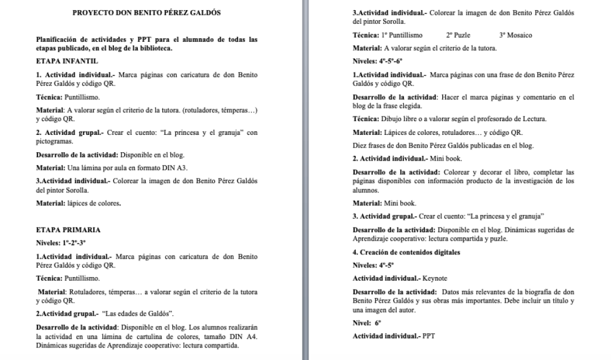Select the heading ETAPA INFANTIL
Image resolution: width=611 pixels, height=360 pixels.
click(67, 61)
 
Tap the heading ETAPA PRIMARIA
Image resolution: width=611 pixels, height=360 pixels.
click(68, 230)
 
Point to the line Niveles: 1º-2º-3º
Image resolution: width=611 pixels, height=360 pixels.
click(61, 243)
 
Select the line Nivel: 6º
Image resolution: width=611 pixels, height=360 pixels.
click(367, 322)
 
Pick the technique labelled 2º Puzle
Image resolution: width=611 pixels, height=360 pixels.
click(458, 35)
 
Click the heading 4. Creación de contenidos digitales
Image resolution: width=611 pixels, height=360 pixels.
click(406, 253)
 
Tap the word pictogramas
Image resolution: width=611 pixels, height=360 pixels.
click(54, 142)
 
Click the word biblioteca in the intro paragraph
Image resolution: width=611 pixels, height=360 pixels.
click(155, 48)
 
